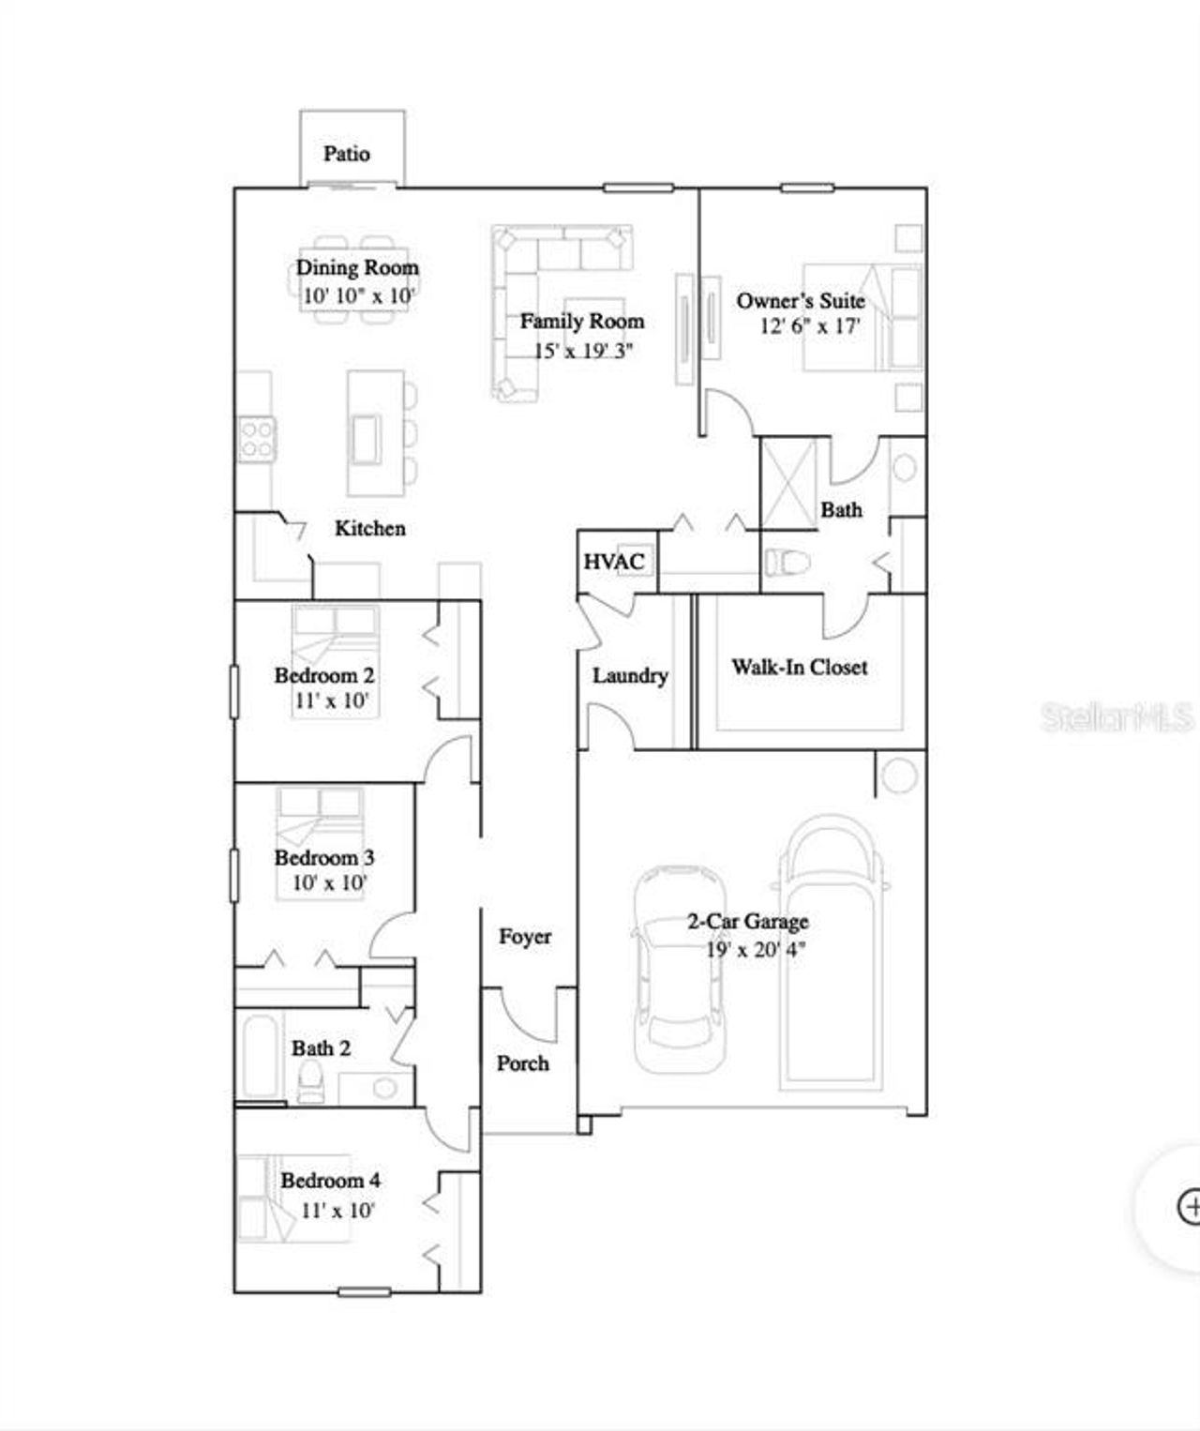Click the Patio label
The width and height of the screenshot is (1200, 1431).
point(347,154)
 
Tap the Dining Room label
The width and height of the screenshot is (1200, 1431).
point(357,267)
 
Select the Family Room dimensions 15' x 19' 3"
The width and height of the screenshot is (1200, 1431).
point(583,351)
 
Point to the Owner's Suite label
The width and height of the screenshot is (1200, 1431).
point(801,301)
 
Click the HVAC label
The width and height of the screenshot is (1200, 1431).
point(614,562)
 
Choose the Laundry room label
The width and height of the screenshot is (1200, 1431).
point(630,675)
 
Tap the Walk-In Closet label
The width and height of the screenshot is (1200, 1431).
point(800,667)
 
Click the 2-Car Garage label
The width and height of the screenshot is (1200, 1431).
point(748,921)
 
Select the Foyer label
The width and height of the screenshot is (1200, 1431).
point(525,936)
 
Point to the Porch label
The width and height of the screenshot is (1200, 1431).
point(523,1062)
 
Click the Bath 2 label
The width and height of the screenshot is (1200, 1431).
point(321,1047)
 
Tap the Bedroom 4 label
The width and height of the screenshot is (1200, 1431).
point(330,1180)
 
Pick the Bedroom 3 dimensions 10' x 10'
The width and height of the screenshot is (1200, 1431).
point(329,882)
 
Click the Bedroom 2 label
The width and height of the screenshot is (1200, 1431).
point(324,675)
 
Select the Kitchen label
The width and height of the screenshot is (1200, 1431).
point(370,528)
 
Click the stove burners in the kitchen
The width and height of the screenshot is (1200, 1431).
point(256,439)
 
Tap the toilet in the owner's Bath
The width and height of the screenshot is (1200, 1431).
point(787,563)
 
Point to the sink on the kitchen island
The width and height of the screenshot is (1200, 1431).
point(366,438)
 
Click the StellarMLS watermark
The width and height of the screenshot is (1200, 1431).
point(1117,717)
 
